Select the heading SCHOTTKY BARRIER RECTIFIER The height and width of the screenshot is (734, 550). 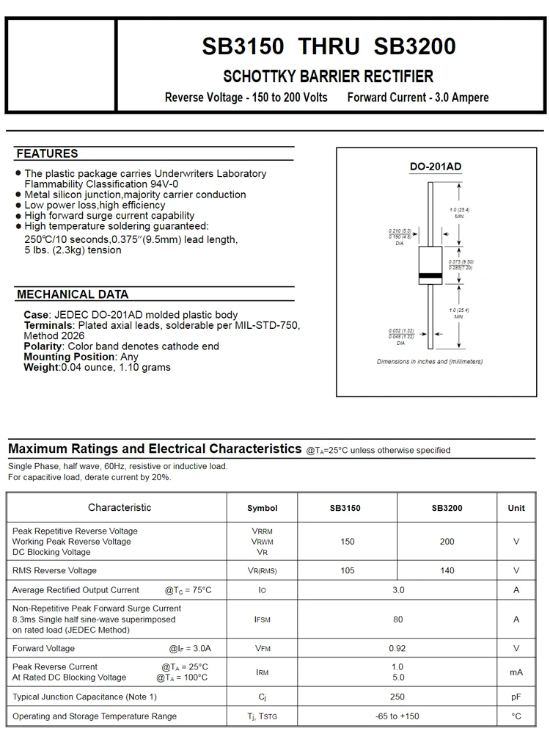tap(328, 76)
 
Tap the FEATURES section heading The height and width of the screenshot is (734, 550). tap(47, 153)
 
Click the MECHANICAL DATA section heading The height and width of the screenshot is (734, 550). tap(73, 294)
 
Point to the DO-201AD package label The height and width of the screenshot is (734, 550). tap(435, 167)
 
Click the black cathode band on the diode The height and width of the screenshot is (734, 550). tap(430, 276)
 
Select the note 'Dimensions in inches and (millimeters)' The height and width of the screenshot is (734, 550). tap(430, 361)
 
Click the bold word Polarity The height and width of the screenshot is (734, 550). tap(43, 346)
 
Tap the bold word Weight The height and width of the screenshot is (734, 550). tap(41, 367)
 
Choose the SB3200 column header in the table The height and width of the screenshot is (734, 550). tap(447, 508)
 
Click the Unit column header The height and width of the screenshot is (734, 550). tap(516, 508)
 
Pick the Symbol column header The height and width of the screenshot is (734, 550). tap(262, 508)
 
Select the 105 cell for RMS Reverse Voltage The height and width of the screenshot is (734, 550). tap(347, 570)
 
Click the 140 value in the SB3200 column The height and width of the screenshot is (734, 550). tap(447, 570)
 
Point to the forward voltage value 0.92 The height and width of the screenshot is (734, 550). tap(397, 648)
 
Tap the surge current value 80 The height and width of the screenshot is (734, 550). tap(397, 619)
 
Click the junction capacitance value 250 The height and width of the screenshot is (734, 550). tap(397, 696)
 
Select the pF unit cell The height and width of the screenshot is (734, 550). tap(516, 696)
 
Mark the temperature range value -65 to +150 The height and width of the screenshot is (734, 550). tap(397, 716)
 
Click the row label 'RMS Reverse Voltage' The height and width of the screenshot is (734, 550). tap(54, 570)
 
